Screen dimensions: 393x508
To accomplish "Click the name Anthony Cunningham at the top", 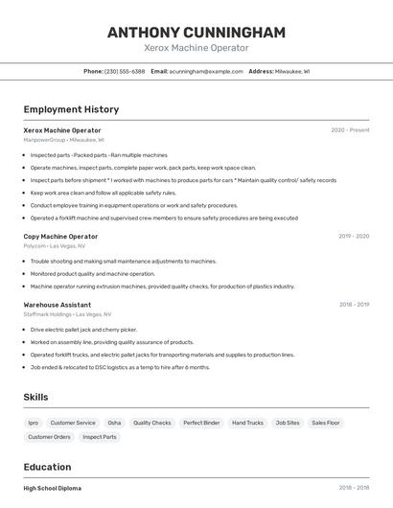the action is click(196, 32).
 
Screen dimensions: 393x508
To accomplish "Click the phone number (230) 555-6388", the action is click(125, 71).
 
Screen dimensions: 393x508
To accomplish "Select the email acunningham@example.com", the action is click(206, 71).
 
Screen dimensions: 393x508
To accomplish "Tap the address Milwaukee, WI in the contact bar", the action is click(291, 71).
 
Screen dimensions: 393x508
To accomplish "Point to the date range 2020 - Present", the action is click(350, 129).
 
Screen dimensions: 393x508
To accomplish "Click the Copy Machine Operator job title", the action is click(60, 236).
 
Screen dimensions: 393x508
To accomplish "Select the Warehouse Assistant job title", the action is click(58, 304).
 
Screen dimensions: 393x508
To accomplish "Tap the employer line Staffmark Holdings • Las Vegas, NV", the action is click(67, 314).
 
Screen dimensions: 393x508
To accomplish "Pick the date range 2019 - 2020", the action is click(354, 236).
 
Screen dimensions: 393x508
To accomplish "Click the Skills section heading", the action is click(35, 397).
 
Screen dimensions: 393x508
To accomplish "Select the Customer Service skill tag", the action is click(73, 423).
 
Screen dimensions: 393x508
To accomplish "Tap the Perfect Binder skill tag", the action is click(201, 423).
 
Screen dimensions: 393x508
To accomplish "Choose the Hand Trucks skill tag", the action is click(247, 423).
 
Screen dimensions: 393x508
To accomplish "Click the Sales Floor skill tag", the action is click(326, 423).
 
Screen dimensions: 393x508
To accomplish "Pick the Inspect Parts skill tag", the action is click(100, 437).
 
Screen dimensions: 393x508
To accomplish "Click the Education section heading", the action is click(48, 467).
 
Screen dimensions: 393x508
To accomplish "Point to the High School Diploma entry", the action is click(53, 488).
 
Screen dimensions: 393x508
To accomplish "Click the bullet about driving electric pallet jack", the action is click(83, 330).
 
